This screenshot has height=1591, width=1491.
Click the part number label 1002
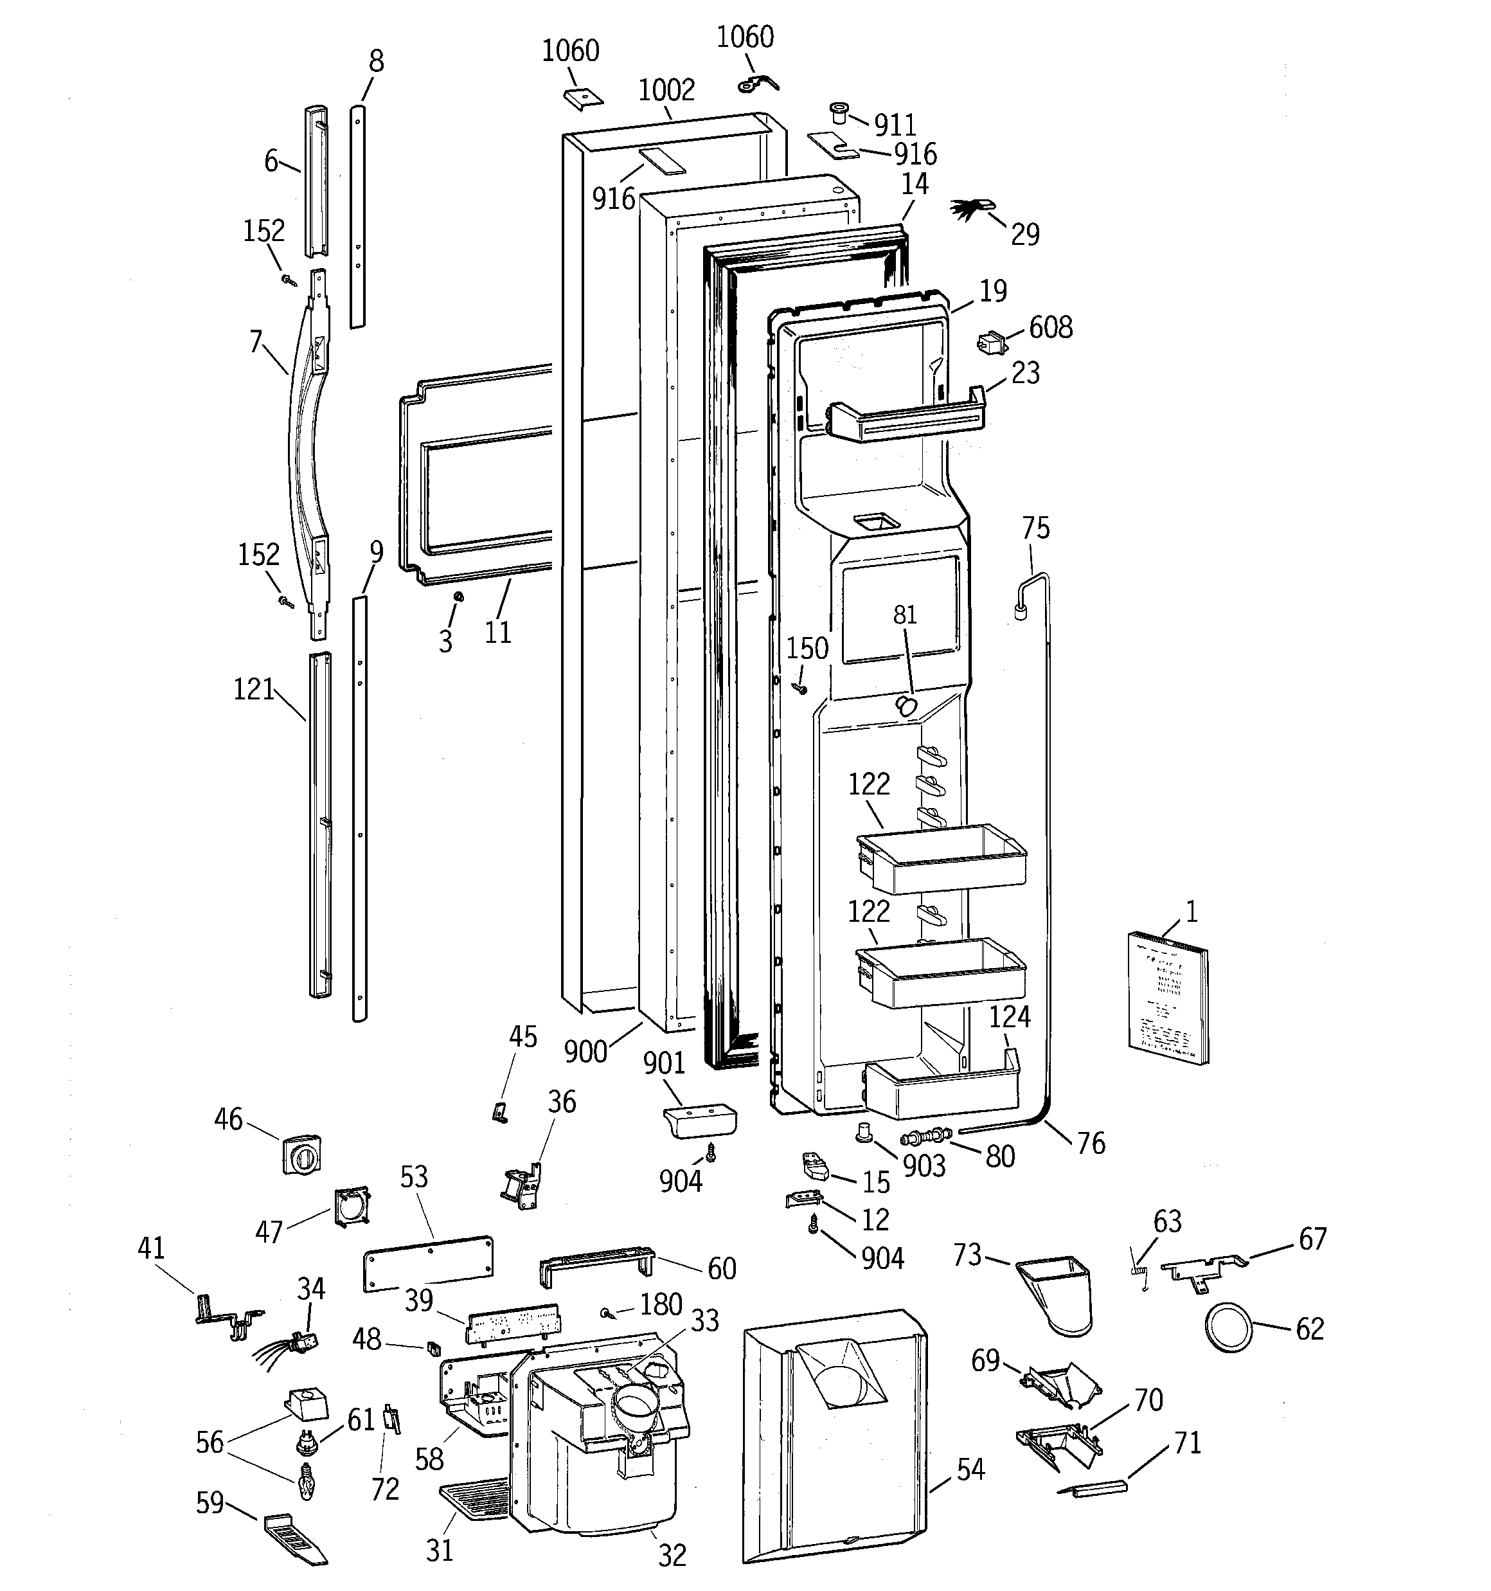666,89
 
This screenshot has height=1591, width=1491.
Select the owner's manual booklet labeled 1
1168,998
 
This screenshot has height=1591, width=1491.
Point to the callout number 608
1050,327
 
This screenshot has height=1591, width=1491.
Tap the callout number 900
585,1052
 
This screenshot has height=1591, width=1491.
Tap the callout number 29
1024,235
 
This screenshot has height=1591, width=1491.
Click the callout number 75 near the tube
1035,528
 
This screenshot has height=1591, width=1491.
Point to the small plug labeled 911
838,112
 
